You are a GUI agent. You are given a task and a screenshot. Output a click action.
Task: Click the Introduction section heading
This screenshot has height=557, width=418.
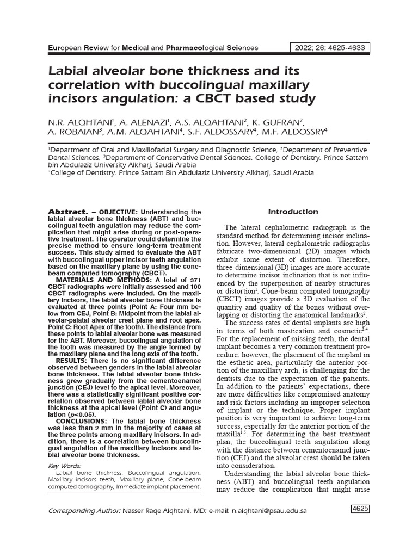click(x=293, y=212)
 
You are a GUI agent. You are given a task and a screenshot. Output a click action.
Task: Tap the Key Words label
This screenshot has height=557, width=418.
click(x=64, y=466)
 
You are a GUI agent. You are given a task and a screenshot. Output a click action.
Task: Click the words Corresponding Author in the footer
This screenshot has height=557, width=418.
click(x=87, y=511)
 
